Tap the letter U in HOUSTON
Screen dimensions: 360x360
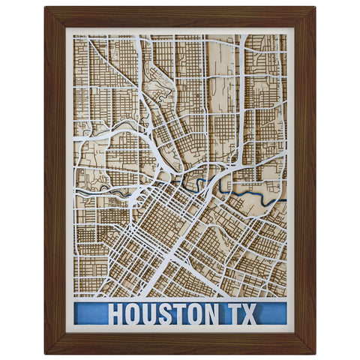[151, 313]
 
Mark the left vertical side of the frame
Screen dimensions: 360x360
[55, 180]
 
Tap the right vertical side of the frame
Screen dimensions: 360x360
[304, 180]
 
